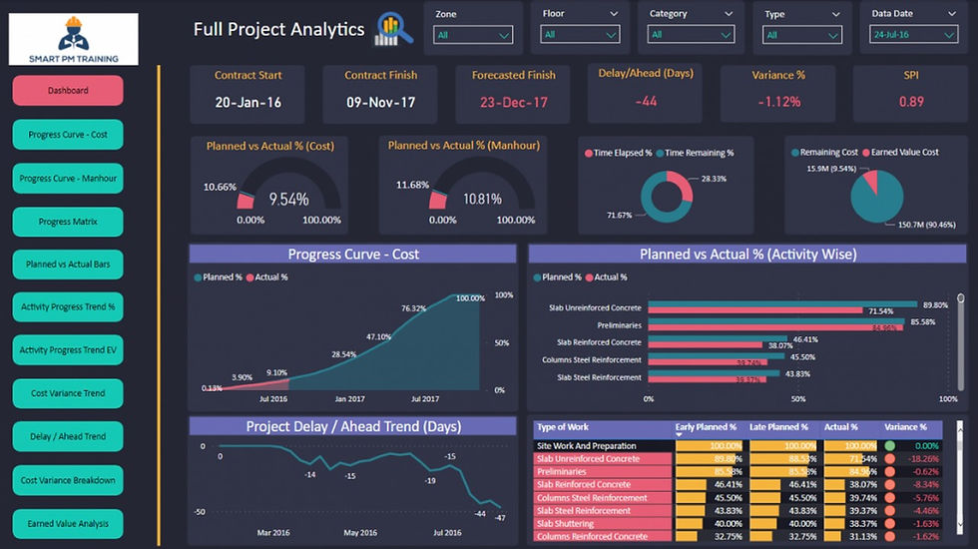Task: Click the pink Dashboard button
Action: click(x=68, y=91)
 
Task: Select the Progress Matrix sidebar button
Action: click(x=68, y=222)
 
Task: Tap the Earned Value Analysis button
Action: click(x=68, y=523)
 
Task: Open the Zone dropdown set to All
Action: click(x=473, y=34)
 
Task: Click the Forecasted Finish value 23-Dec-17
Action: click(x=513, y=103)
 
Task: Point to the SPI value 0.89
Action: click(x=910, y=102)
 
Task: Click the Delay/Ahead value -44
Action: click(x=646, y=102)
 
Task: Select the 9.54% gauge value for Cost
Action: click(x=288, y=199)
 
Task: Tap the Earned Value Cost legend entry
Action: click(x=905, y=153)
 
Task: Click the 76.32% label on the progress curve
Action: click(x=413, y=308)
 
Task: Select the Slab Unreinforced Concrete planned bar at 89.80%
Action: click(x=782, y=304)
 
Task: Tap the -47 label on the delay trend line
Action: click(x=499, y=518)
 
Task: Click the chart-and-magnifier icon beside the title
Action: click(x=393, y=30)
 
